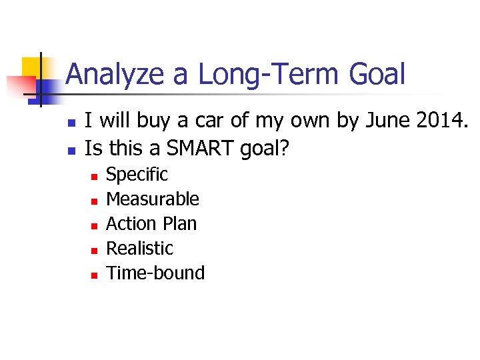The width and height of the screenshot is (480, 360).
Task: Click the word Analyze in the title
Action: (x=114, y=74)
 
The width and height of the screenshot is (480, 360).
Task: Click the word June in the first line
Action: (x=383, y=121)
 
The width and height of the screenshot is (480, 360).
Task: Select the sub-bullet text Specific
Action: (x=137, y=175)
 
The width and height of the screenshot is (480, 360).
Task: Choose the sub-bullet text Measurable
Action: (x=153, y=199)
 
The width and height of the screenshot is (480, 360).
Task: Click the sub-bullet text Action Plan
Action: (x=151, y=223)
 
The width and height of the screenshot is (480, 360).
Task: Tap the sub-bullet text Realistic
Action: (x=139, y=248)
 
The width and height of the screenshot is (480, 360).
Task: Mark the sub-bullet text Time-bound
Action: (x=155, y=273)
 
